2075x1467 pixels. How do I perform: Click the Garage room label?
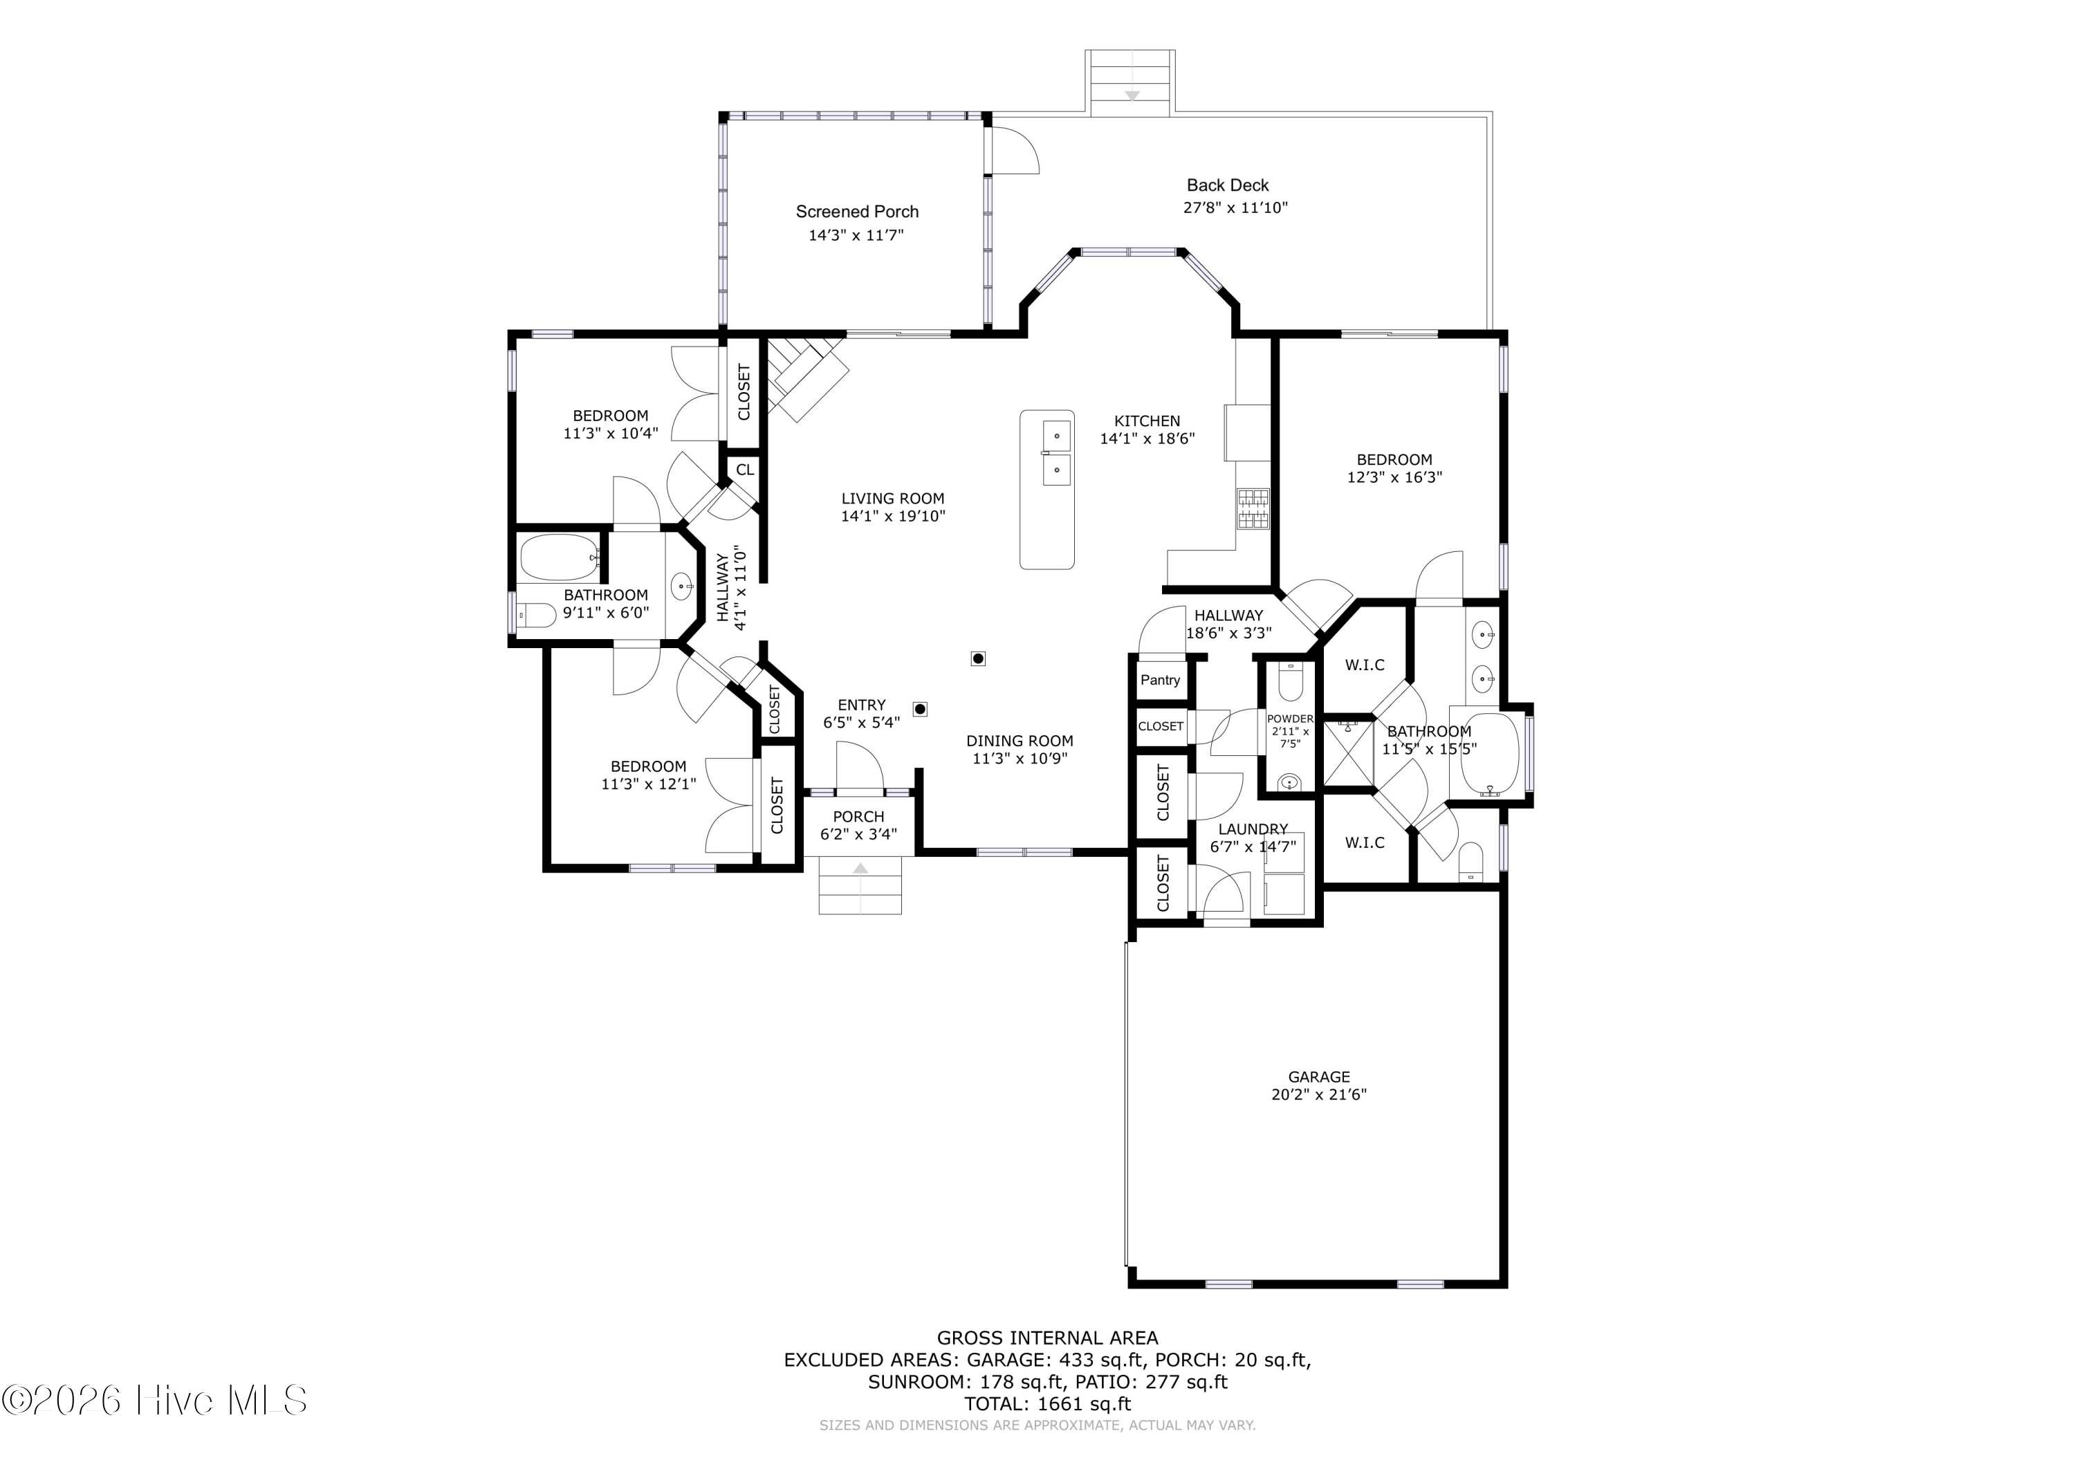click(x=1318, y=1076)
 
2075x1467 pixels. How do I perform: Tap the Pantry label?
click(x=1161, y=680)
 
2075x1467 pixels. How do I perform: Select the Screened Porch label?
click(x=857, y=212)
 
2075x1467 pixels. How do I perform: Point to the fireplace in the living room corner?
click(x=807, y=378)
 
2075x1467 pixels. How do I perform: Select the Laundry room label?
click(x=1253, y=829)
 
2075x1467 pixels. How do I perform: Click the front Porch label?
click(x=858, y=817)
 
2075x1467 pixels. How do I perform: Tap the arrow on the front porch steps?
click(x=860, y=869)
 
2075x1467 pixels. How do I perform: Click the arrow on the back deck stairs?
click(x=1132, y=95)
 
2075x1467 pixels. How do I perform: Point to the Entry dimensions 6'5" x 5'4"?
click(x=861, y=723)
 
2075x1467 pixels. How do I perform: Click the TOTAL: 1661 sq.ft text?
click(x=1047, y=1404)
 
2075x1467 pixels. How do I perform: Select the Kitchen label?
click(x=1147, y=421)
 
